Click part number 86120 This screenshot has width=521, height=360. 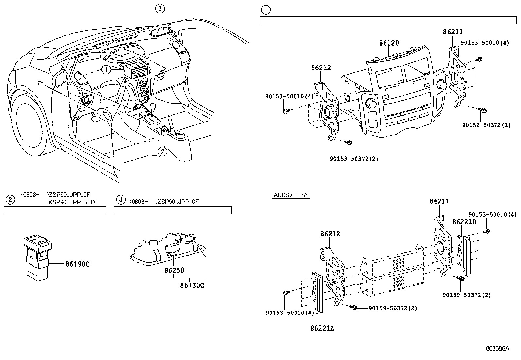point(389,43)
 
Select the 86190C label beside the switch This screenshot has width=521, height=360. point(77,264)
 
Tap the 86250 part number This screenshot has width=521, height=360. point(174,271)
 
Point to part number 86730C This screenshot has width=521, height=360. point(192,285)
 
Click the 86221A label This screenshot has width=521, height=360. point(322,328)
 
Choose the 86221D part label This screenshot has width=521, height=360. point(464,222)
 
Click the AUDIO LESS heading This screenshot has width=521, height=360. point(291,195)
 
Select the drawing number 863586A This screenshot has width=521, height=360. point(497,349)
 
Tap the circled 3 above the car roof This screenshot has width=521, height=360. point(159,9)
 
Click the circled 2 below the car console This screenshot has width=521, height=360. point(163,151)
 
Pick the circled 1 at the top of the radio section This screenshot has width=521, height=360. point(265,10)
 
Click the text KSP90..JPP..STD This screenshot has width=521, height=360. point(71,202)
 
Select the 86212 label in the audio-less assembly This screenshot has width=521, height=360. point(330,234)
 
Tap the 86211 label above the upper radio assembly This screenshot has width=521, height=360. point(453,32)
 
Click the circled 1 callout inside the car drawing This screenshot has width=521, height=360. point(106,69)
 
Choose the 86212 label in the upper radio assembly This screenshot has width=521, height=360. point(321,68)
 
